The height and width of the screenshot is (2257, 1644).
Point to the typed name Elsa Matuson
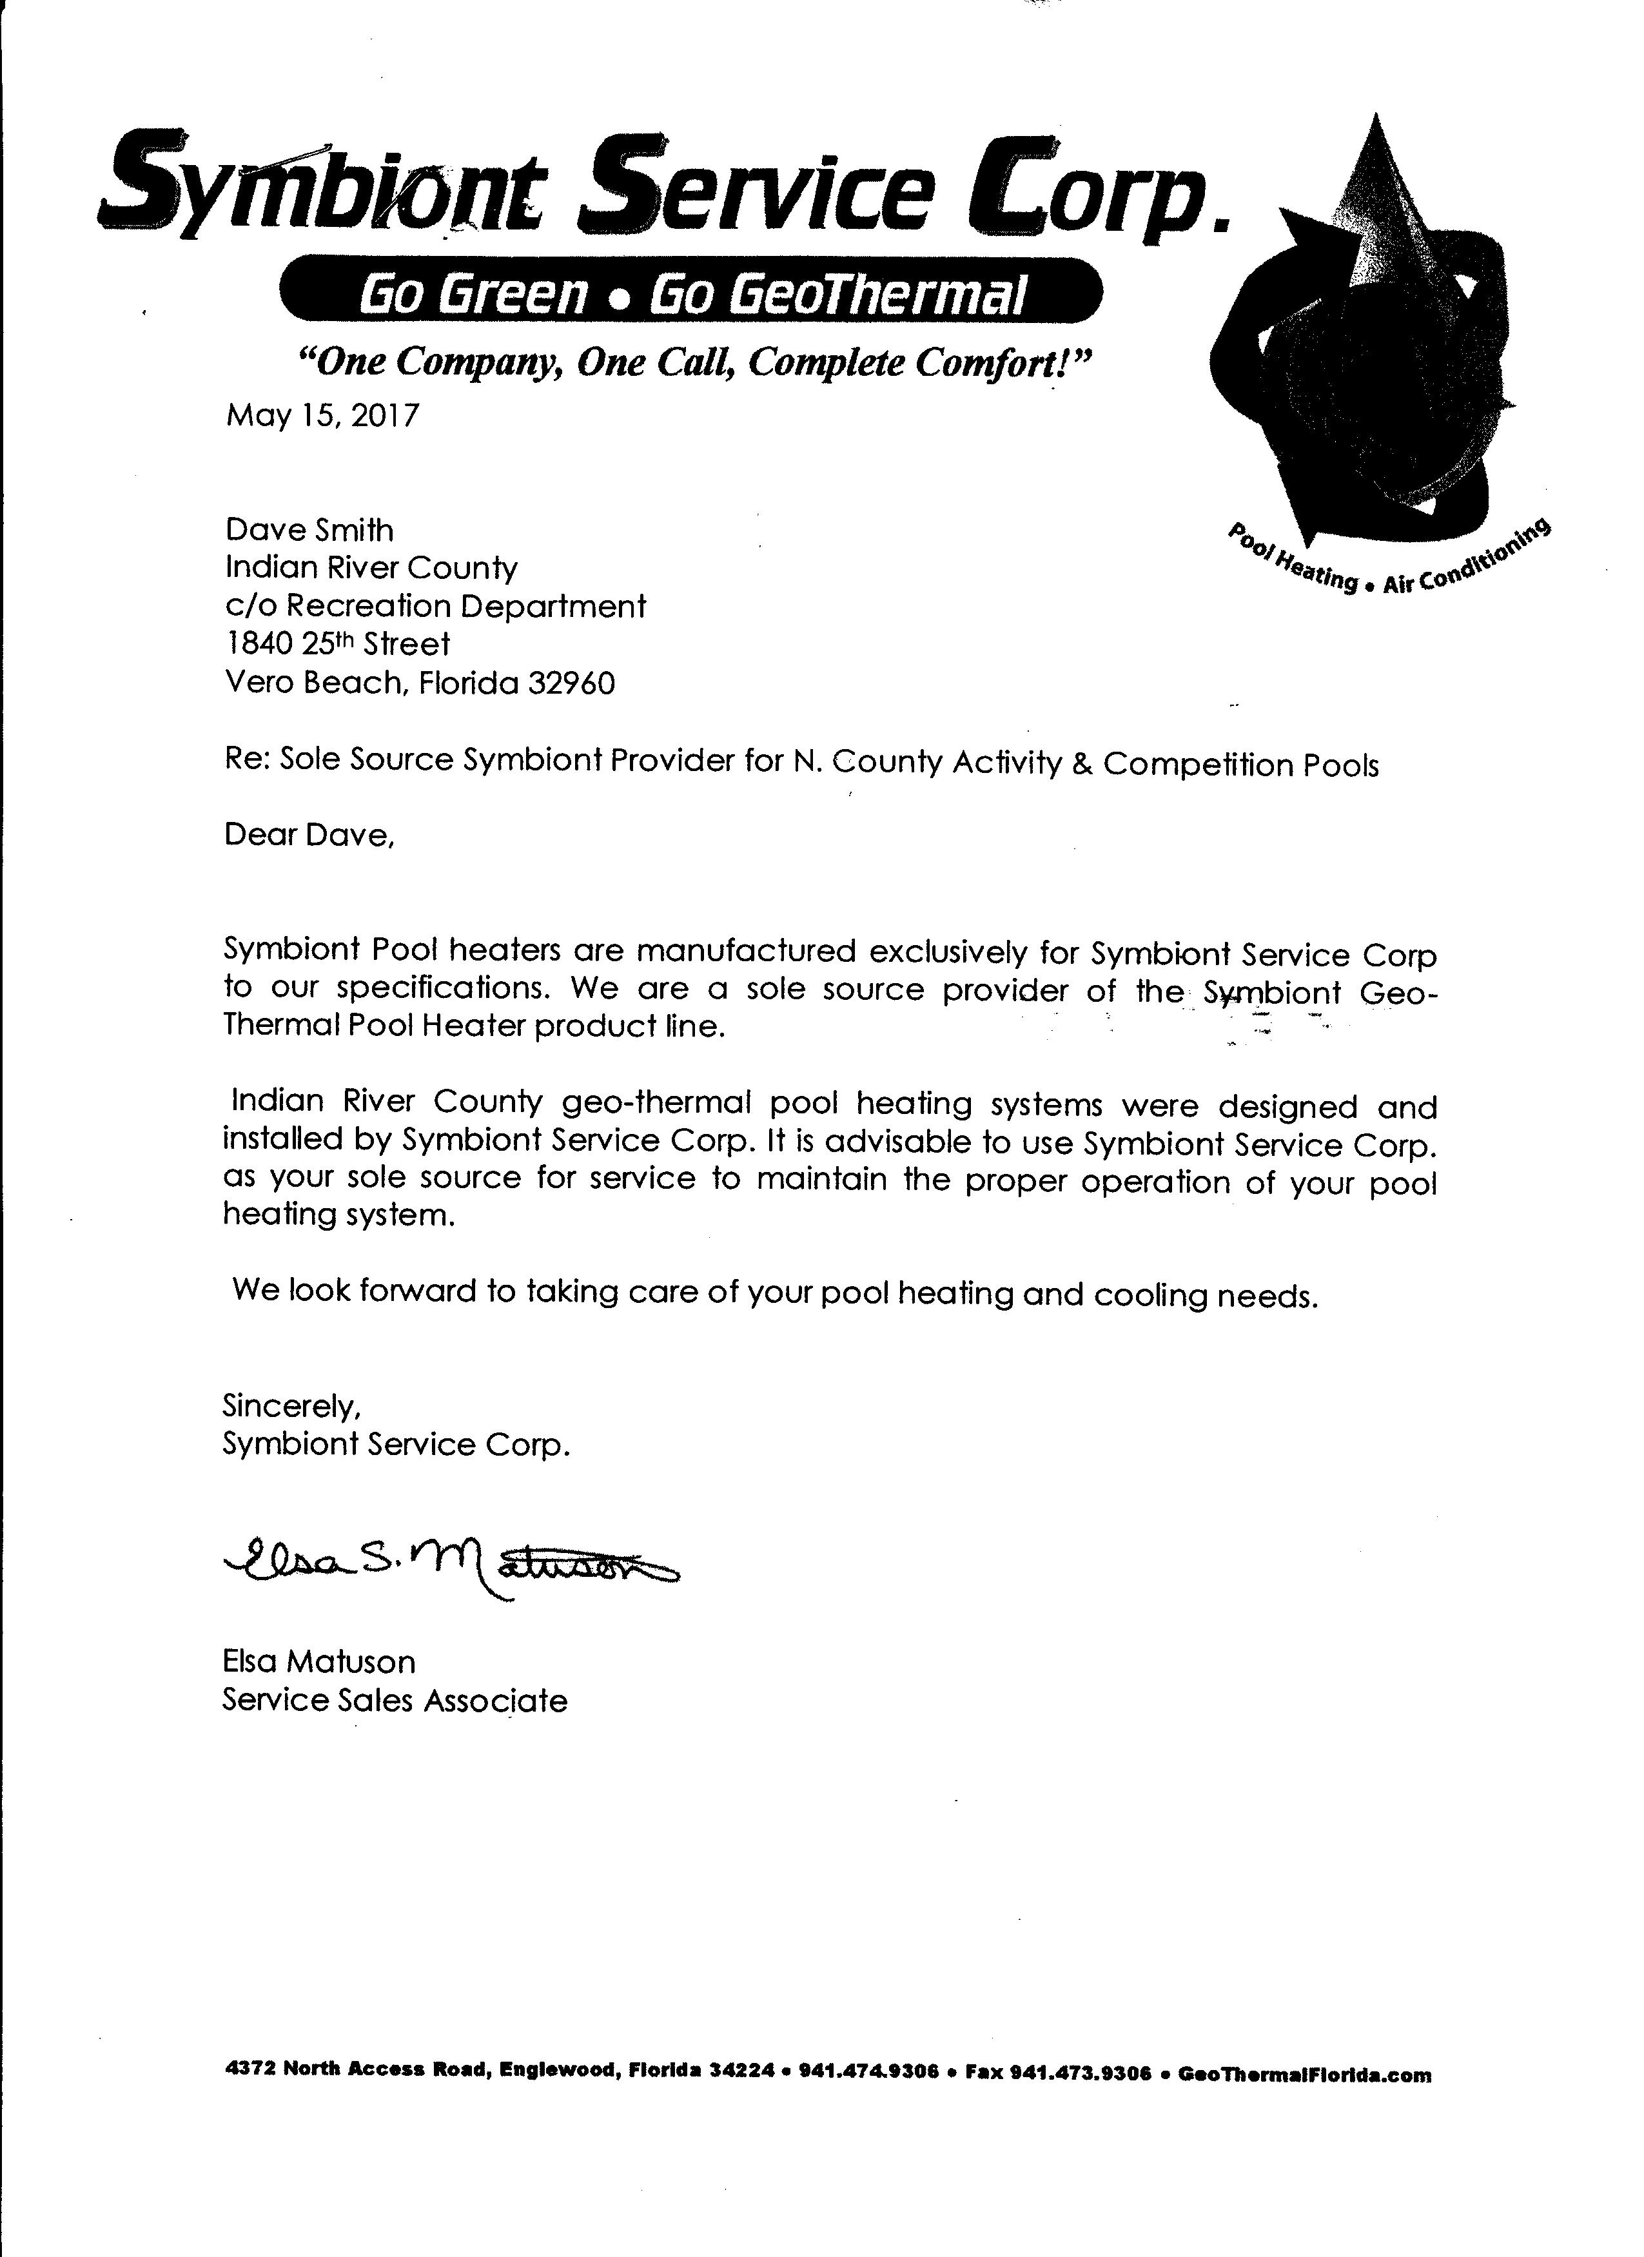coord(318,1662)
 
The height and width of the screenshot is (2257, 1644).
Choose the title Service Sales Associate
coord(394,1701)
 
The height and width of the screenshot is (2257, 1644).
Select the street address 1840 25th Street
coord(337,645)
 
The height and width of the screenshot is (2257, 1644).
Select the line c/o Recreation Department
coord(435,606)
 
